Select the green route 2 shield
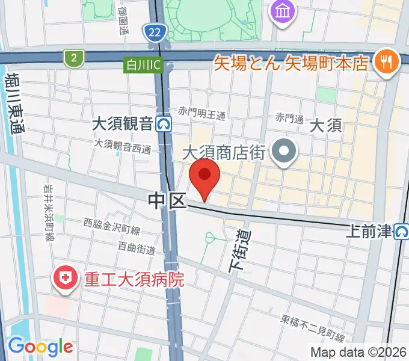(73, 57)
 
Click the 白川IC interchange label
(143, 65)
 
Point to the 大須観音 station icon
(164, 125)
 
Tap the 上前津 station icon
(402, 230)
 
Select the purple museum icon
(281, 10)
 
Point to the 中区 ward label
(167, 202)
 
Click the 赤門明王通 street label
(201, 113)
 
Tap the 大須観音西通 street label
(122, 146)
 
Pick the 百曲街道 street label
(137, 248)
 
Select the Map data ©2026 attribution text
(358, 352)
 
